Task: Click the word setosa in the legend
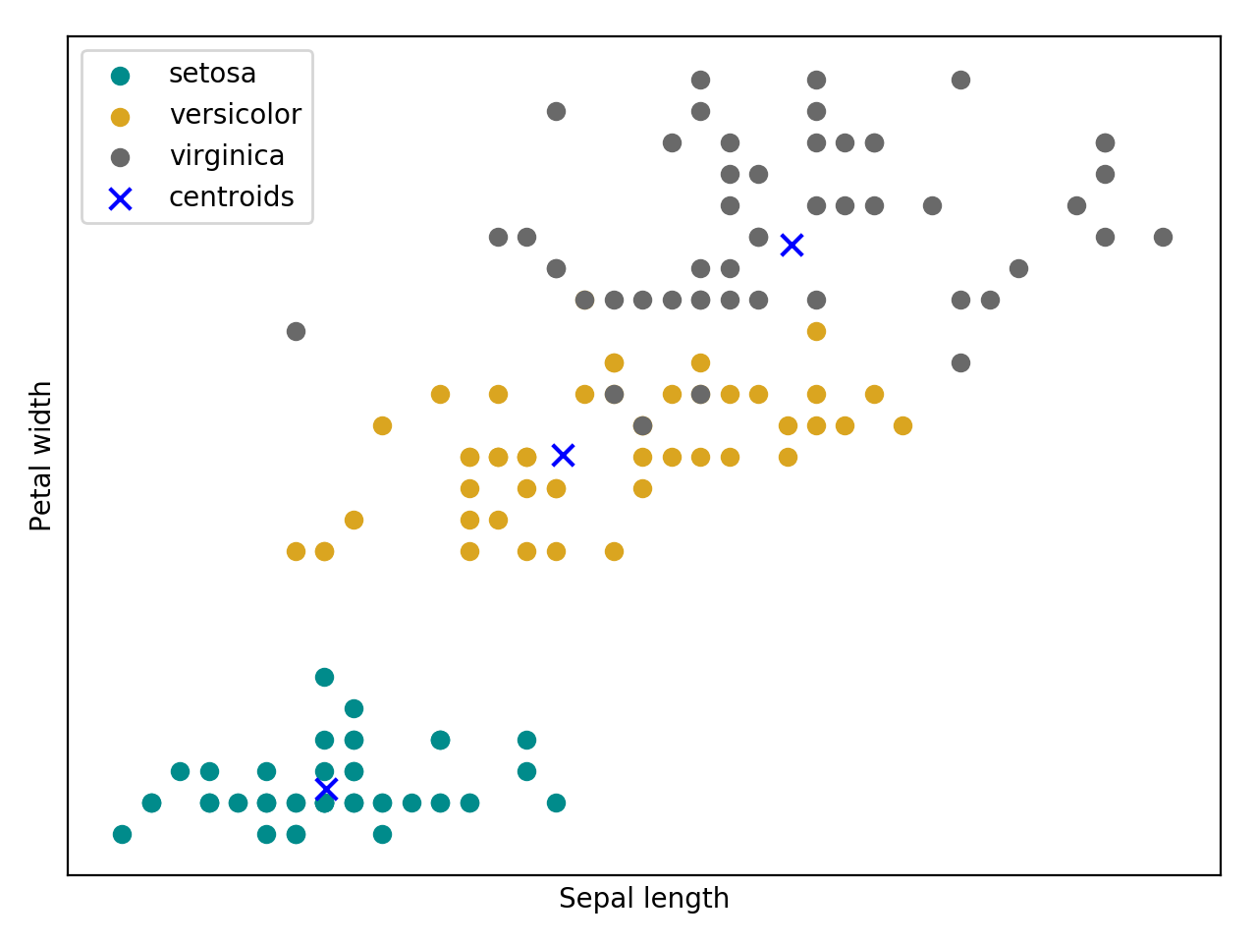(x=212, y=74)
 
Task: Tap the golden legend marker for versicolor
(x=120, y=117)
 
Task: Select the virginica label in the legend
(x=227, y=156)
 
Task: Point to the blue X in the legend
(x=120, y=199)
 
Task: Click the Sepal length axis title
(x=643, y=899)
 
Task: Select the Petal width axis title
(x=41, y=456)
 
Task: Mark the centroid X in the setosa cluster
(x=326, y=789)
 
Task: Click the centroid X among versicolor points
(x=563, y=455)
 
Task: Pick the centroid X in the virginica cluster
(x=792, y=246)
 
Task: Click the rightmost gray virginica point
(x=1163, y=237)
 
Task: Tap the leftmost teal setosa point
(x=122, y=834)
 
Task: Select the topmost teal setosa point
(x=324, y=677)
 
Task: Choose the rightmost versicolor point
(x=902, y=425)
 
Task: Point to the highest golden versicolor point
(x=816, y=331)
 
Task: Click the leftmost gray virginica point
(x=296, y=331)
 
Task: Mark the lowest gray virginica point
(x=642, y=425)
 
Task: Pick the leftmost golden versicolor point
(x=296, y=551)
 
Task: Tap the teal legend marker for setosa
(x=120, y=76)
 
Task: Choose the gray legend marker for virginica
(x=120, y=157)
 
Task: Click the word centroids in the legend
(x=231, y=197)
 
